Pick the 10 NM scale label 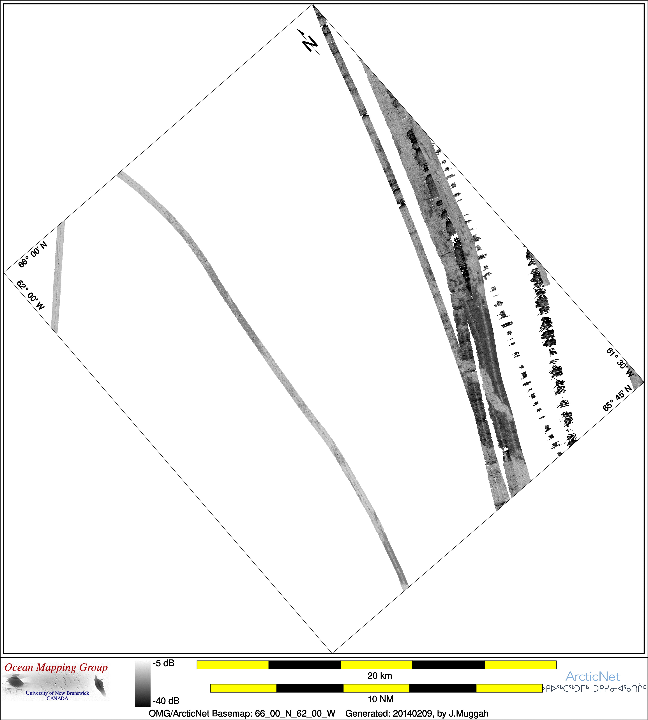click(381, 699)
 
